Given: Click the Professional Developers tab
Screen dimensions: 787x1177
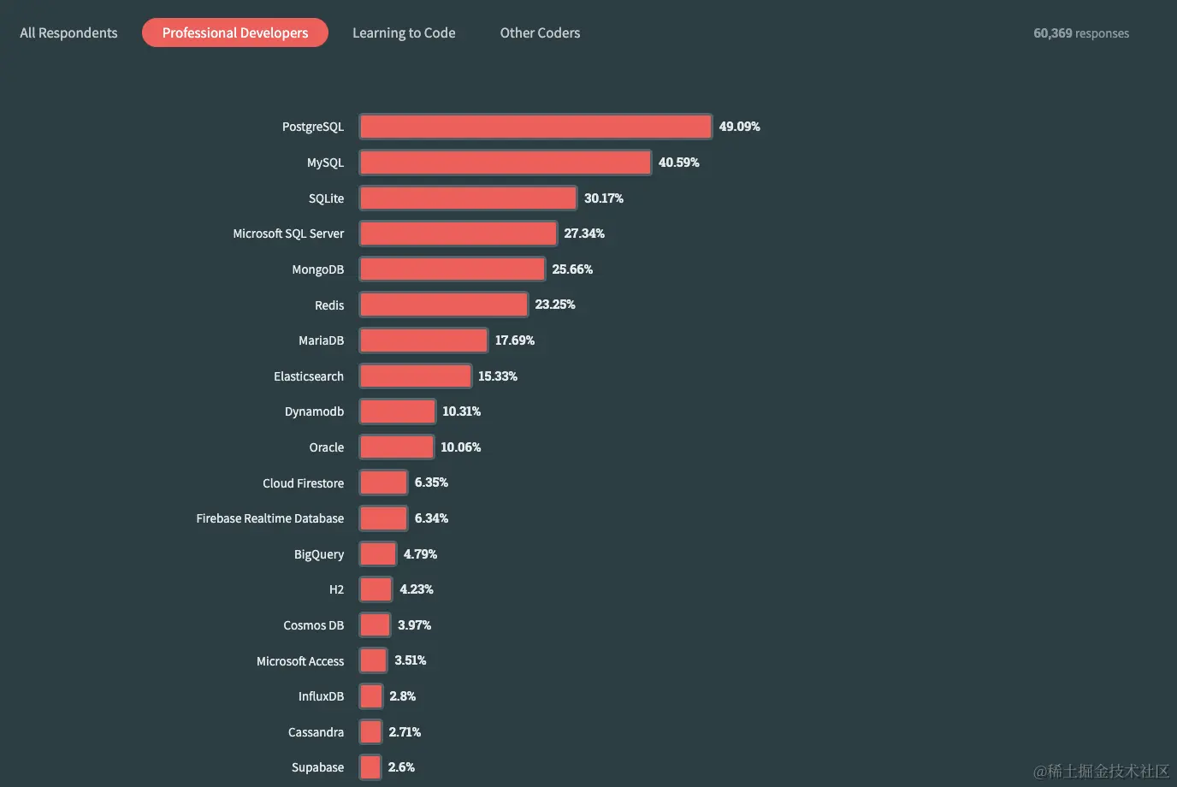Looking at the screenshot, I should coord(235,33).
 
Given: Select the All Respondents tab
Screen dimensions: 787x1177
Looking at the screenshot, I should coord(68,33).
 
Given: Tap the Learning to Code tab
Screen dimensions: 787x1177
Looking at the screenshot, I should coord(404,33).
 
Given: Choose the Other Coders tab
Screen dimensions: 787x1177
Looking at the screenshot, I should coord(540,33).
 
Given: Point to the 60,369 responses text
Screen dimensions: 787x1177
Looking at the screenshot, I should coord(1081,33).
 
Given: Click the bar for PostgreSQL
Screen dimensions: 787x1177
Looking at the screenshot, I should coord(535,127).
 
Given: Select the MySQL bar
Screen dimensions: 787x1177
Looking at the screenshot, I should coord(505,163).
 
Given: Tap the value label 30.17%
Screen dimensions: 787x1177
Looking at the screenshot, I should coord(603,198).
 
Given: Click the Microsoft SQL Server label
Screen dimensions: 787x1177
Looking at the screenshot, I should coord(288,234).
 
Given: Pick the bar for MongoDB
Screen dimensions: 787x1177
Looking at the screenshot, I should coord(452,269).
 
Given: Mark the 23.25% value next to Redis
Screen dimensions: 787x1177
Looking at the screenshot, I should coord(555,305).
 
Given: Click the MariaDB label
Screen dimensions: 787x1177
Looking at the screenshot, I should coord(321,340).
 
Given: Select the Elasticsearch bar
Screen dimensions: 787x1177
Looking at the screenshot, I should coord(415,376).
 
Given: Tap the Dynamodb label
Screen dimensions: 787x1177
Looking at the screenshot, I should coord(314,411).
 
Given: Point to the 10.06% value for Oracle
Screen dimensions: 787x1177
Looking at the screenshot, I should coord(460,447).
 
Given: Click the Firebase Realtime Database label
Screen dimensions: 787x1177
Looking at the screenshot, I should coord(269,518).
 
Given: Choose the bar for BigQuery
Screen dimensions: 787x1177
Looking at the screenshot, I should coord(378,554).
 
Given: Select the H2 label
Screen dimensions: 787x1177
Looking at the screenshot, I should coord(336,589).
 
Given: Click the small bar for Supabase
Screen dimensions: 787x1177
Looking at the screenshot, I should coord(370,767).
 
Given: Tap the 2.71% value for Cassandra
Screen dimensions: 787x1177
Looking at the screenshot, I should coord(405,732).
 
